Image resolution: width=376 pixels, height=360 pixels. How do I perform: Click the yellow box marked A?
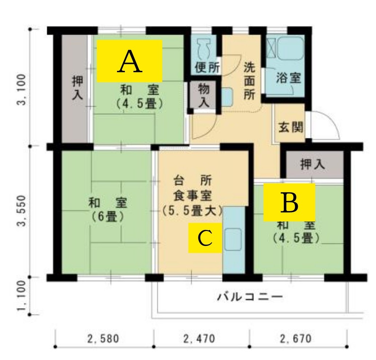(x=129, y=61)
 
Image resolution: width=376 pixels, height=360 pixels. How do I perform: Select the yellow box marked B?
(x=289, y=202)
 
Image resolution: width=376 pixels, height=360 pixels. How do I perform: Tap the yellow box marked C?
(x=205, y=238)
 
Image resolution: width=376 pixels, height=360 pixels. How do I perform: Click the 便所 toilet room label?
(x=207, y=68)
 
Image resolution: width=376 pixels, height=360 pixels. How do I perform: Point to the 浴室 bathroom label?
(x=288, y=78)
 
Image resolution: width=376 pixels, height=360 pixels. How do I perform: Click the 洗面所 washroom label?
(x=249, y=81)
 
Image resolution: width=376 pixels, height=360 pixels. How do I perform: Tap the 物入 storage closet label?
(x=204, y=96)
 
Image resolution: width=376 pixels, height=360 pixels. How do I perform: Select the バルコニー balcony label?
(x=250, y=297)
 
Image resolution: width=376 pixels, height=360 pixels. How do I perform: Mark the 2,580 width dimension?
(x=103, y=339)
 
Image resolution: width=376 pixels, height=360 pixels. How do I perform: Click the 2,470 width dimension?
(x=199, y=339)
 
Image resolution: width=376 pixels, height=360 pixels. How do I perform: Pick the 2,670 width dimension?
(x=296, y=339)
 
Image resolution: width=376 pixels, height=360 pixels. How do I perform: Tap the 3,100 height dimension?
(x=21, y=89)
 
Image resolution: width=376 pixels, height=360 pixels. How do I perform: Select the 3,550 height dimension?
(x=21, y=211)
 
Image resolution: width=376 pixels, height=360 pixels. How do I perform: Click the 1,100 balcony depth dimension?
(x=21, y=295)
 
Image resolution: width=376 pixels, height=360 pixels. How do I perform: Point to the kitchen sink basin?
(x=233, y=236)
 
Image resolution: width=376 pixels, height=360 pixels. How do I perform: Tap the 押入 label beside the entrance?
(x=312, y=165)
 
